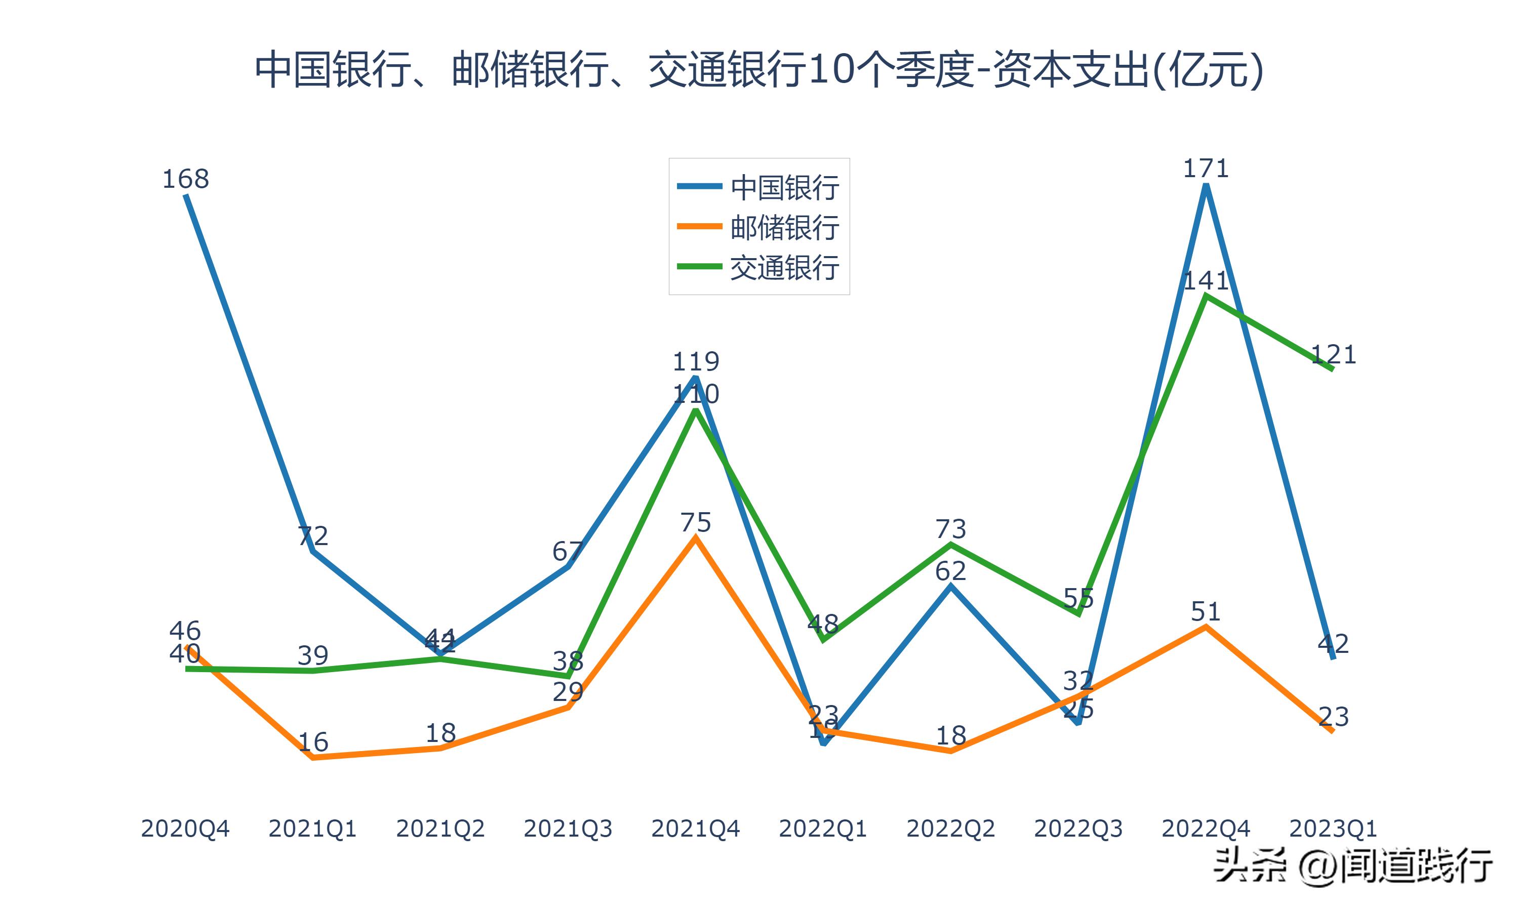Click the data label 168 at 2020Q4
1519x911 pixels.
pos(185,179)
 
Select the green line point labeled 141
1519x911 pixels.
pos(1206,296)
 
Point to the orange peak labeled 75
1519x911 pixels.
pos(695,538)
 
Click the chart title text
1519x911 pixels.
pos(759,69)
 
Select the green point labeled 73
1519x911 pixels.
pos(950,544)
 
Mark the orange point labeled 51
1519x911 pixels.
pos(1206,626)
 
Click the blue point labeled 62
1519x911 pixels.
pos(950,586)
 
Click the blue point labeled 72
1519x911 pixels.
pos(313,551)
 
